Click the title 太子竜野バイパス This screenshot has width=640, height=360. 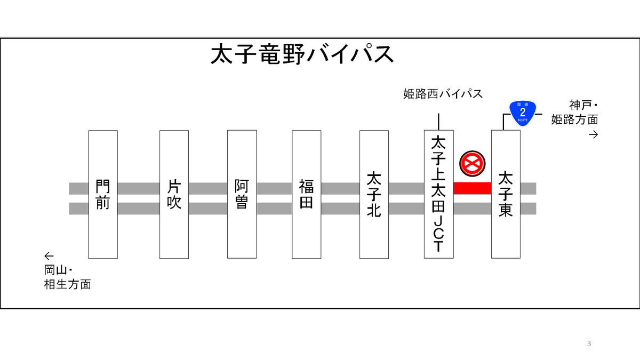pyautogui.click(x=302, y=55)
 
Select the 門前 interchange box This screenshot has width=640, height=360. pyautogui.click(x=103, y=194)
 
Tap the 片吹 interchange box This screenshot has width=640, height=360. pyautogui.click(x=174, y=194)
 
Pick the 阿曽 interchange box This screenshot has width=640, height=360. pyautogui.click(x=242, y=194)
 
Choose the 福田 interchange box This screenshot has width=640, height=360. pyautogui.click(x=306, y=194)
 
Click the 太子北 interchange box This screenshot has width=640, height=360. pyautogui.click(x=374, y=194)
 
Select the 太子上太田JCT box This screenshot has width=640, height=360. pyautogui.click(x=438, y=194)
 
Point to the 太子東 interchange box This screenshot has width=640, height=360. pyautogui.click(x=506, y=194)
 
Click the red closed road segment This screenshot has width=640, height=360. pyautogui.click(x=472, y=188)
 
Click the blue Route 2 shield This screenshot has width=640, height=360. pyautogui.click(x=522, y=113)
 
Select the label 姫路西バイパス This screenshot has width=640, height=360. pyautogui.click(x=443, y=94)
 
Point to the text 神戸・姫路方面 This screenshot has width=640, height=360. pyautogui.click(x=575, y=113)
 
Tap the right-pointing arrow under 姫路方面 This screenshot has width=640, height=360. pyautogui.click(x=593, y=134)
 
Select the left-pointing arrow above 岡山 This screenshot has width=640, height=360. pyautogui.click(x=49, y=255)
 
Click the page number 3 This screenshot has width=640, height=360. pyautogui.click(x=589, y=343)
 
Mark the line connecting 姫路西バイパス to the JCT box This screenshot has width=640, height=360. pyautogui.click(x=438, y=122)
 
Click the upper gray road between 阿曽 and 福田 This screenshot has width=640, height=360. pyautogui.click(x=274, y=188)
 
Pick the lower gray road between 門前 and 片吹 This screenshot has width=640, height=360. pyautogui.click(x=138, y=208)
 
